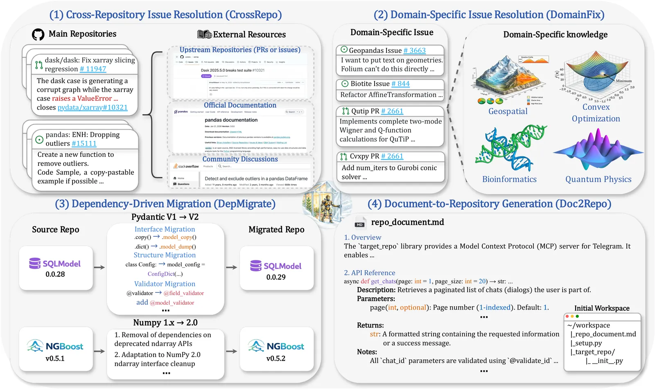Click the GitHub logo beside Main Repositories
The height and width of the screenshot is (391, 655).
(38, 34)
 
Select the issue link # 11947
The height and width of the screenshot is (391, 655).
(93, 69)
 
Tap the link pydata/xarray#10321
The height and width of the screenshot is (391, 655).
(93, 108)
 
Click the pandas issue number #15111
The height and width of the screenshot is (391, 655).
(84, 144)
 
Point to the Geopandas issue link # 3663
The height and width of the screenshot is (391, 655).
(414, 51)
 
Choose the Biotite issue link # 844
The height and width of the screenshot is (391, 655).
(400, 84)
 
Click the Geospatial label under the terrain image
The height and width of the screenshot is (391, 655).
(508, 111)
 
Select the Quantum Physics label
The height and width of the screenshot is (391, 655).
(598, 179)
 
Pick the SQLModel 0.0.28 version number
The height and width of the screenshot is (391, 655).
(55, 274)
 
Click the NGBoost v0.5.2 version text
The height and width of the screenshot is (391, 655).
(276, 359)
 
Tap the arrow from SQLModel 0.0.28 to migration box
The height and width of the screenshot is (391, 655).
(99, 267)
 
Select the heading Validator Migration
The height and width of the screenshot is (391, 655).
(165, 284)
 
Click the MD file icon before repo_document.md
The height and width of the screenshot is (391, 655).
(360, 223)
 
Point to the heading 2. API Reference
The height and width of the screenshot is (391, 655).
(369, 273)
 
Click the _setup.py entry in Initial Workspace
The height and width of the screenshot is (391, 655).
(586, 343)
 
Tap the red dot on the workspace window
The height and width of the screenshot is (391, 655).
(567, 316)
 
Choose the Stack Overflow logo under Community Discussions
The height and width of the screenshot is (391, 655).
(186, 167)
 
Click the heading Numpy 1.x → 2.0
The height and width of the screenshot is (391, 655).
(165, 323)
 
